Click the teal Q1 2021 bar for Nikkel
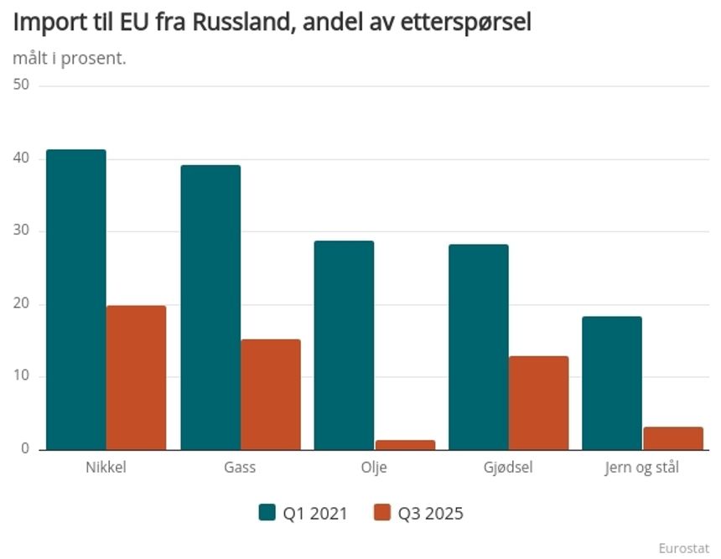click(x=76, y=299)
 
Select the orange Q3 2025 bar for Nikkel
click(x=136, y=377)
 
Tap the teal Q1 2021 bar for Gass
click(x=210, y=307)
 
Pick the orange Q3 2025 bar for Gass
click(x=270, y=394)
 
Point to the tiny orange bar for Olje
click(x=405, y=444)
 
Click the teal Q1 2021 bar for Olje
click(x=344, y=344)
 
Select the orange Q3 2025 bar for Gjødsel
click(x=538, y=402)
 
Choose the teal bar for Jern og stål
click(x=611, y=382)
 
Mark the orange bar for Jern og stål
click(x=672, y=437)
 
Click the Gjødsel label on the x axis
click(x=508, y=468)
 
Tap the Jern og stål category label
click(x=641, y=468)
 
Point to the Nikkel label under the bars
click(x=106, y=468)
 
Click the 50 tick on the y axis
click(x=21, y=85)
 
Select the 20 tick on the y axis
click(x=21, y=303)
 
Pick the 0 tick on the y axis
click(x=25, y=448)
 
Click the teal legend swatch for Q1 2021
click(x=267, y=512)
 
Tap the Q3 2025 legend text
click(x=429, y=512)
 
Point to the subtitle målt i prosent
click(x=70, y=59)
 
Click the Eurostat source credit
click(x=683, y=547)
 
